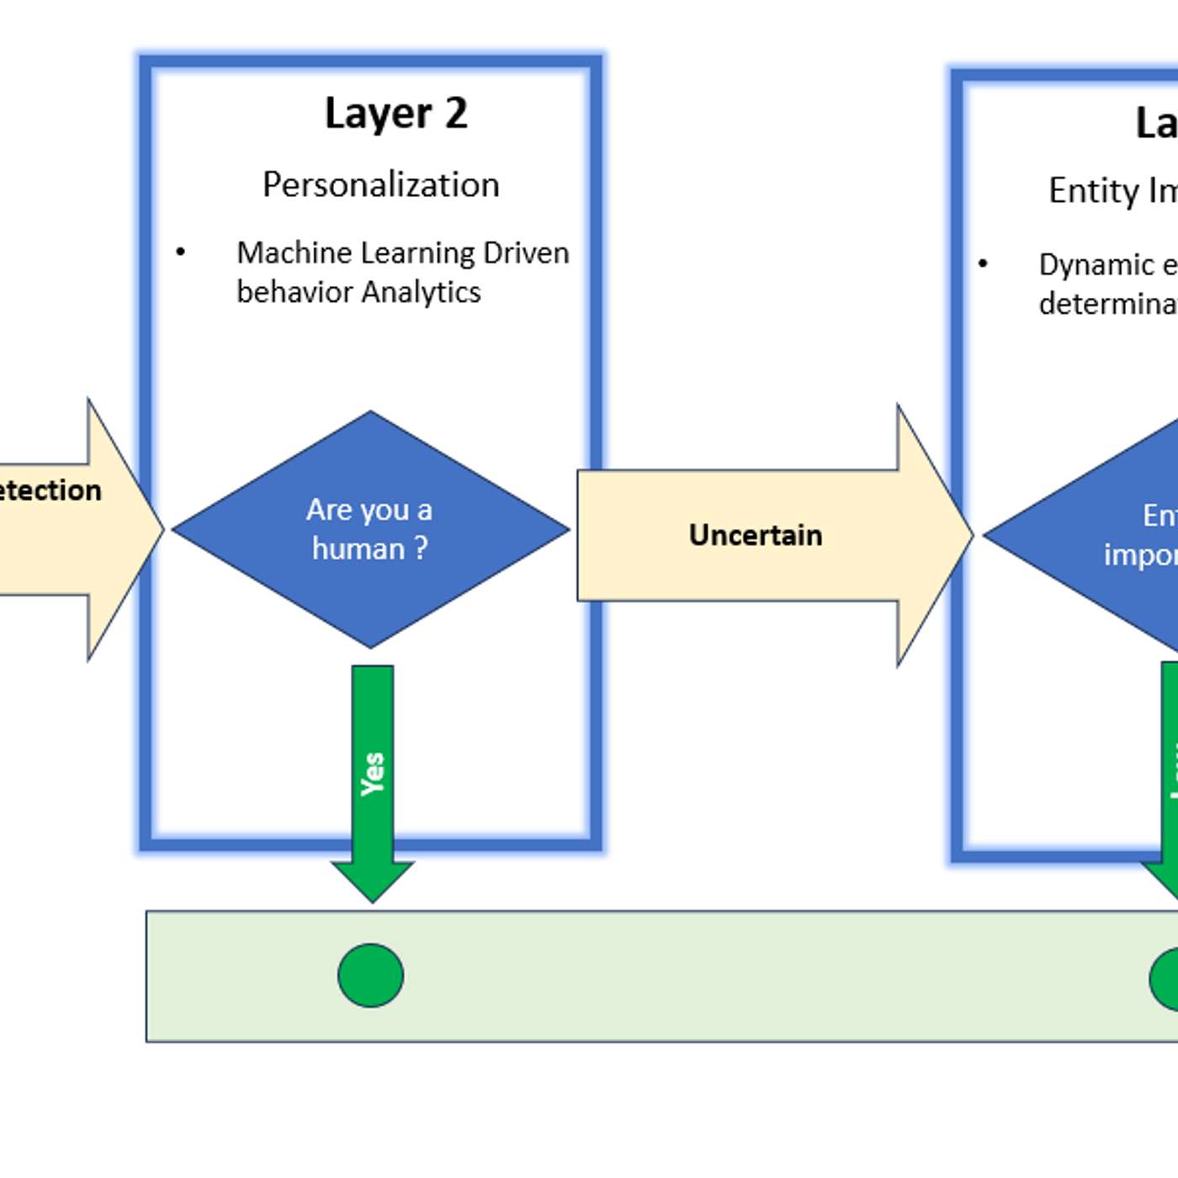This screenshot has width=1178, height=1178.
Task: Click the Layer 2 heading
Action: [395, 114]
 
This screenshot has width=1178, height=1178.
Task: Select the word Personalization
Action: [380, 185]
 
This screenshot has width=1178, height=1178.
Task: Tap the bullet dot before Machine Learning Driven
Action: [180, 252]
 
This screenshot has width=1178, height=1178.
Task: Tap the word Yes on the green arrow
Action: [372, 773]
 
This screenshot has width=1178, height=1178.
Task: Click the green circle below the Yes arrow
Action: [370, 975]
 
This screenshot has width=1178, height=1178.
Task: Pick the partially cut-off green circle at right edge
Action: [1166, 979]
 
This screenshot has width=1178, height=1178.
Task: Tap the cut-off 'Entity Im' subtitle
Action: [1112, 191]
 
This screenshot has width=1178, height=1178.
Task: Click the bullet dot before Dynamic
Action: [982, 264]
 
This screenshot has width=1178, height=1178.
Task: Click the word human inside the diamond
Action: [358, 549]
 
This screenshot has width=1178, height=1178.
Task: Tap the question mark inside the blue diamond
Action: [420, 549]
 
